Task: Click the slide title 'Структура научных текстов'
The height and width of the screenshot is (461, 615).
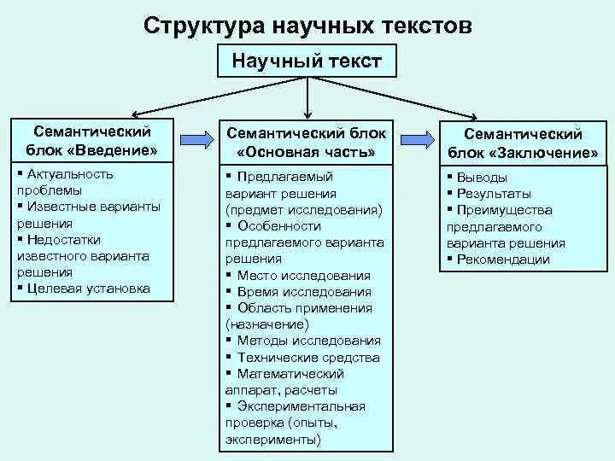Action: tap(307, 25)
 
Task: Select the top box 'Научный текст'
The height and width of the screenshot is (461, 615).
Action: tap(307, 61)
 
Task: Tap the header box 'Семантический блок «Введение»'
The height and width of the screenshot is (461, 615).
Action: tap(92, 141)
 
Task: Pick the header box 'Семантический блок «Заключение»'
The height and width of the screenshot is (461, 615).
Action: tap(523, 143)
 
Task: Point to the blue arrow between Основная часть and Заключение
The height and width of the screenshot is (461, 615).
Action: tap(416, 139)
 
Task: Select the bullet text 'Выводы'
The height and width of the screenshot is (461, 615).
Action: tap(482, 178)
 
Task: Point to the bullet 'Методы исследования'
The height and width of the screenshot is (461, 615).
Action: tap(308, 341)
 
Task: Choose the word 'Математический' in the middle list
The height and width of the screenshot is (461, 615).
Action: tap(290, 374)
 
